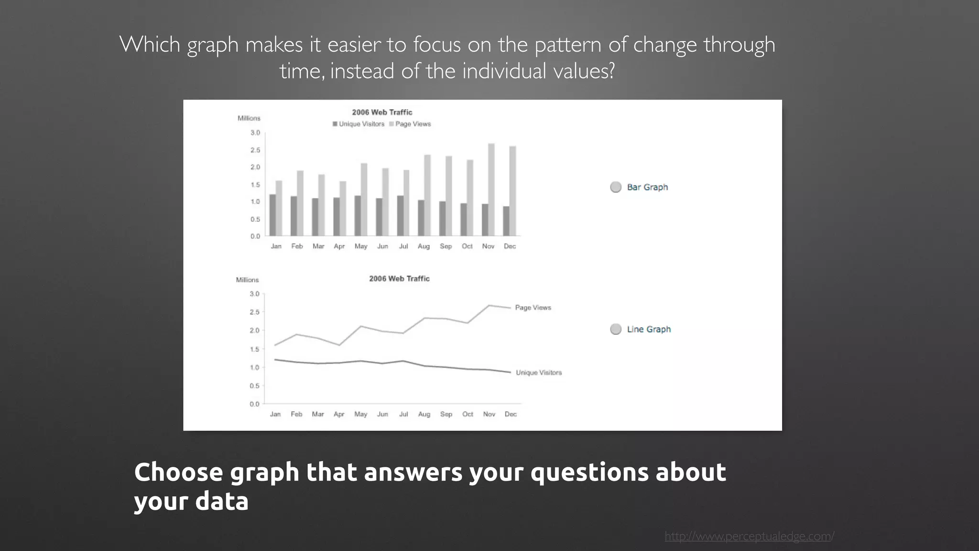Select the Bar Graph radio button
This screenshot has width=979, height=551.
pyautogui.click(x=616, y=187)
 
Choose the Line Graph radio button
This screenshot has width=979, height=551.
pyautogui.click(x=616, y=329)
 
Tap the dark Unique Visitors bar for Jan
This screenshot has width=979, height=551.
pyautogui.click(x=272, y=215)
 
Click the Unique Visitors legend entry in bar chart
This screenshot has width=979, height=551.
pyautogui.click(x=359, y=124)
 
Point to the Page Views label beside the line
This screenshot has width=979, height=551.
pyautogui.click(x=533, y=308)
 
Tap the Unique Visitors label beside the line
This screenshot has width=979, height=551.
pyautogui.click(x=539, y=373)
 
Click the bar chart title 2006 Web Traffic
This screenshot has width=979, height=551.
pyautogui.click(x=382, y=112)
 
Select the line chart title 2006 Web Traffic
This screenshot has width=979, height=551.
pyautogui.click(x=399, y=278)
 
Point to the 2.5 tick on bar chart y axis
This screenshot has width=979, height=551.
pyautogui.click(x=255, y=150)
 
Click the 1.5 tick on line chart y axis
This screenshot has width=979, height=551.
pyautogui.click(x=254, y=349)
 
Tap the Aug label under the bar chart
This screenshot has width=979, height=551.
pyautogui.click(x=424, y=246)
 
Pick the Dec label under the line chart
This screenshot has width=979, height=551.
pyautogui.click(x=511, y=414)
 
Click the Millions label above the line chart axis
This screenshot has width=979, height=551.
pyautogui.click(x=247, y=280)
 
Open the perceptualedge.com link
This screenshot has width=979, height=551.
pyautogui.click(x=749, y=536)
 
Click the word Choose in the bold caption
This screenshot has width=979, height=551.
pyautogui.click(x=178, y=472)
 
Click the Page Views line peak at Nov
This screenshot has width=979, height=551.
pyautogui.click(x=489, y=306)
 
